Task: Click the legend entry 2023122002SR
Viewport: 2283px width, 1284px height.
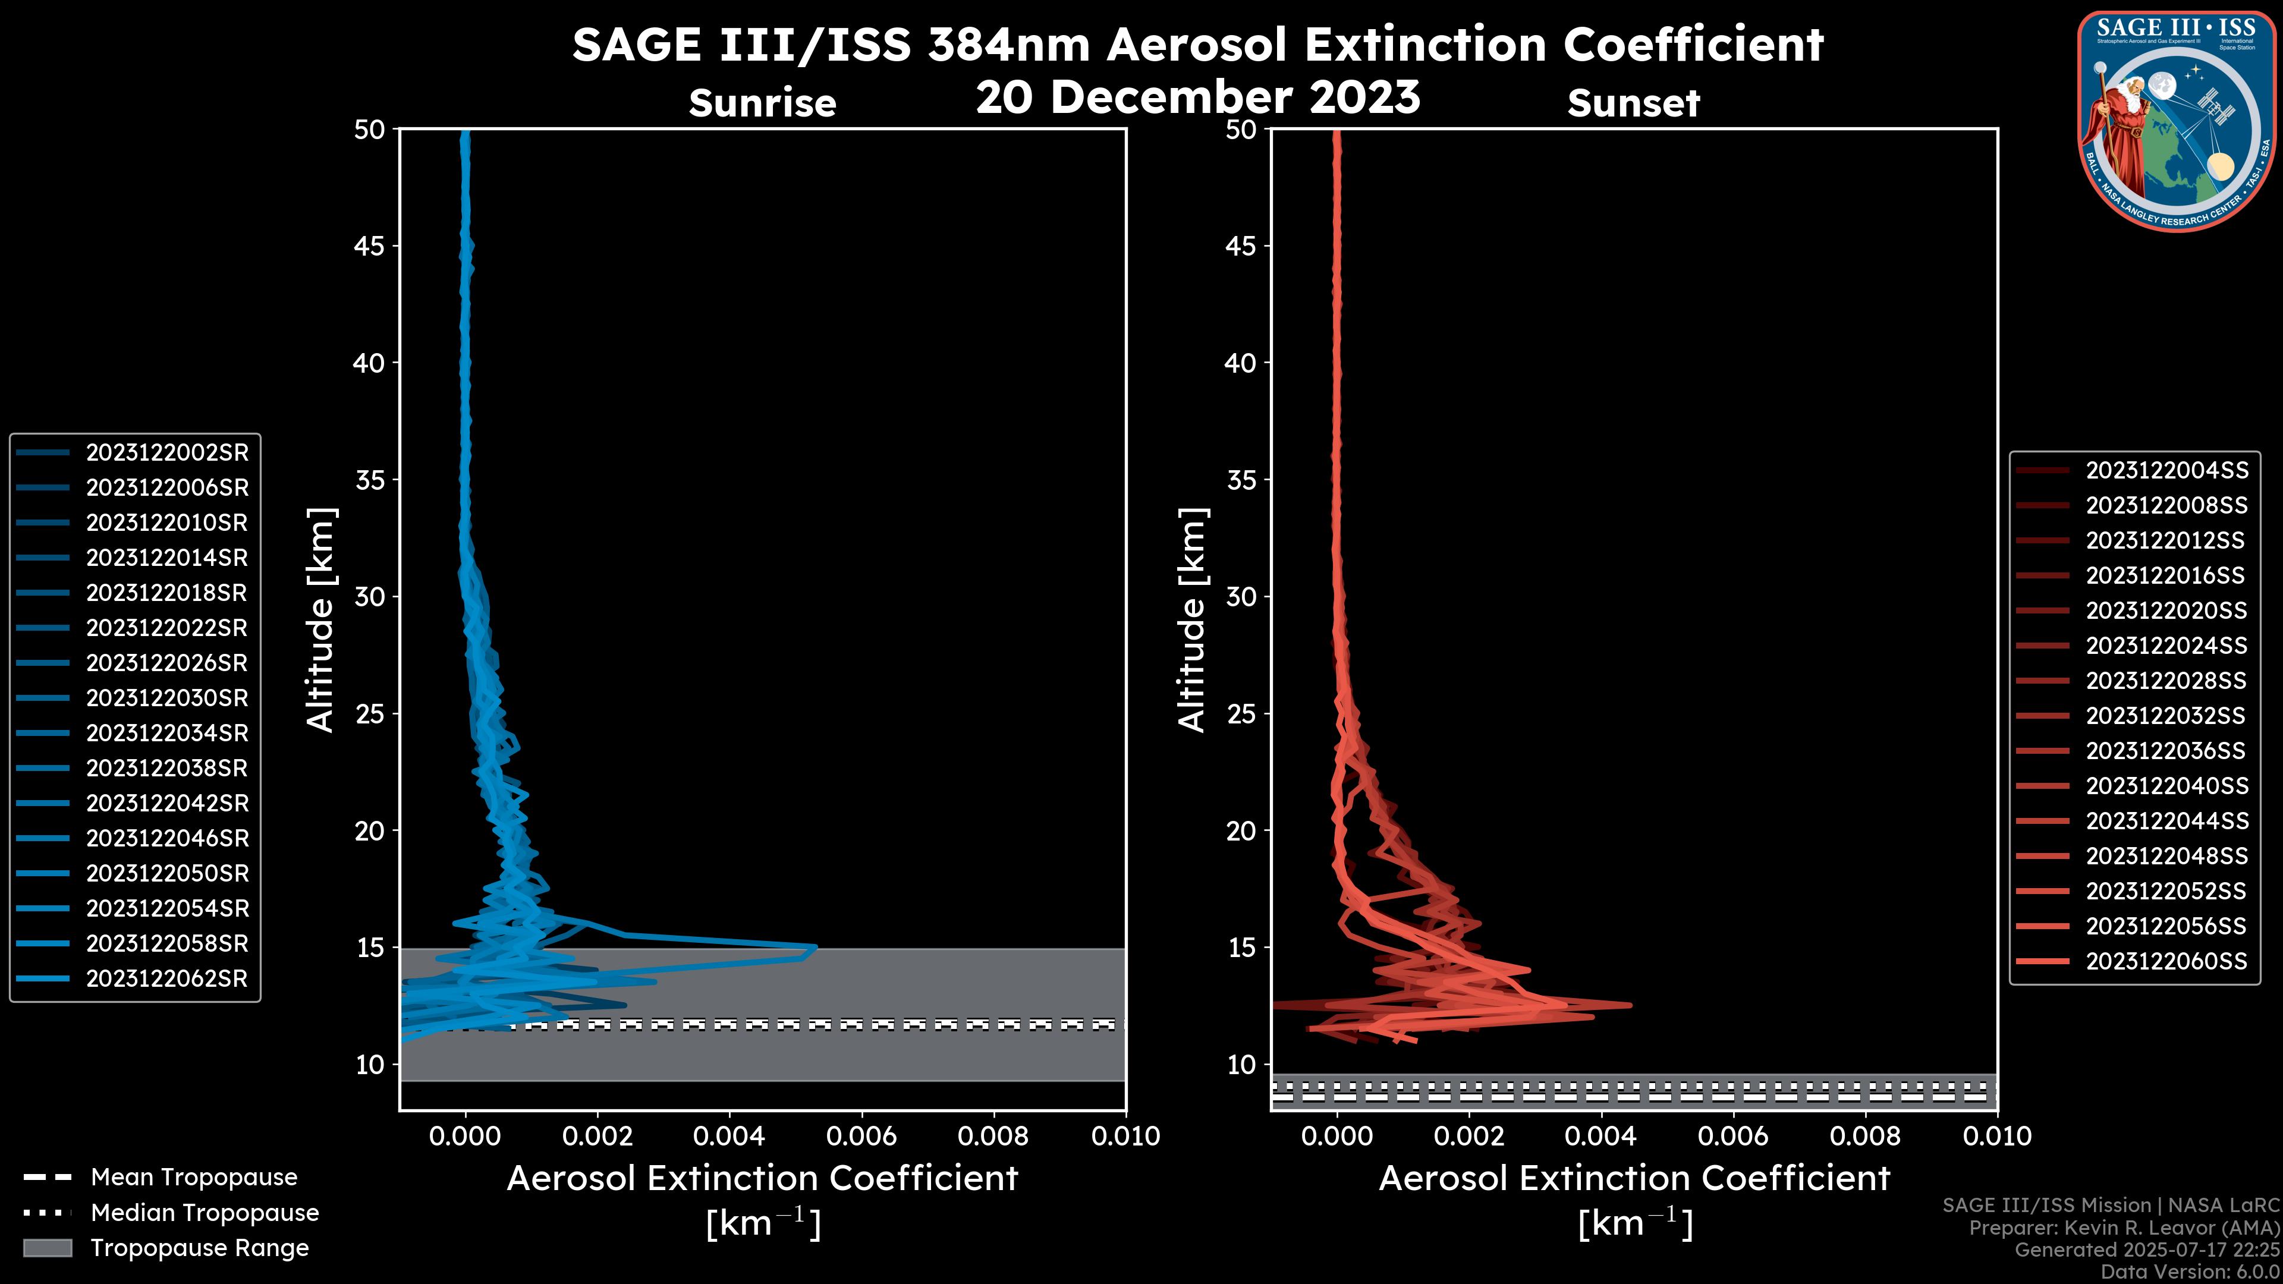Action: pos(166,453)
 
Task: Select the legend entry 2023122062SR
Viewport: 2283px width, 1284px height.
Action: pos(166,979)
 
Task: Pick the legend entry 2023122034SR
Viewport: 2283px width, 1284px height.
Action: pos(166,734)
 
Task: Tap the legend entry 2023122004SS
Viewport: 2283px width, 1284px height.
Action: pos(2166,471)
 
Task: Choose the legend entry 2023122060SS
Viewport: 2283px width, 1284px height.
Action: pos(2166,961)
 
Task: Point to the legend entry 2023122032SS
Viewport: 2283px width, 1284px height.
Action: pos(2166,716)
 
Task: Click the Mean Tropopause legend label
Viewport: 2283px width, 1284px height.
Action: pos(194,1178)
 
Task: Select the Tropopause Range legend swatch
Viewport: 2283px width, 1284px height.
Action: pos(47,1248)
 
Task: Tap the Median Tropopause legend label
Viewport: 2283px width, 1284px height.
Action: pos(205,1213)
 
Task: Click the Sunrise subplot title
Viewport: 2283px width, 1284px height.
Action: pos(762,103)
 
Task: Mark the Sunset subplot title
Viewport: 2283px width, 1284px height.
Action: pos(1633,103)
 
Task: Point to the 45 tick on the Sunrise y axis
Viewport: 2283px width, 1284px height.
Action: pos(370,246)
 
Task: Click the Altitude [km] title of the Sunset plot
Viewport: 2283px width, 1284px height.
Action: pos(1192,620)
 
